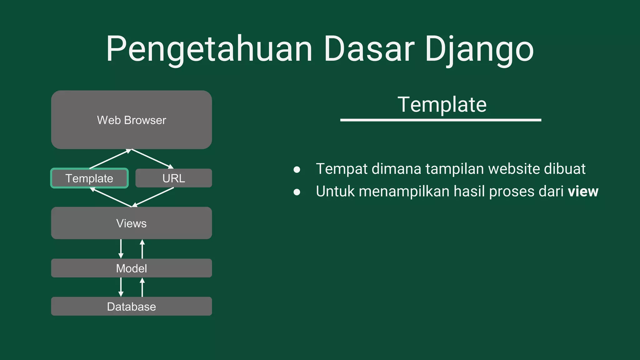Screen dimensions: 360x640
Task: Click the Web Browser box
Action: [131, 120]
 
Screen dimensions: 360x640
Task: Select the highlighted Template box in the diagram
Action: [89, 178]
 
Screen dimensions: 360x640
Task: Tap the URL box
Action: [173, 178]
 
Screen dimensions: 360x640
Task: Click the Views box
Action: [131, 223]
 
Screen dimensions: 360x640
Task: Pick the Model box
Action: [131, 268]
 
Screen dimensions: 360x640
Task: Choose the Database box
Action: [131, 306]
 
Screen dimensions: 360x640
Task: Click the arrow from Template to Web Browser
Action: [110, 159]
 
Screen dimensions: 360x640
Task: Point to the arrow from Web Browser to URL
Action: [152, 159]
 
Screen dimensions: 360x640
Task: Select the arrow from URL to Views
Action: [153, 197]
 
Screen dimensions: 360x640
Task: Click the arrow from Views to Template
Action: [111, 197]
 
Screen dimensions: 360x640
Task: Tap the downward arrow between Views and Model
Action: [121, 249]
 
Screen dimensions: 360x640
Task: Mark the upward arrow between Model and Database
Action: [142, 287]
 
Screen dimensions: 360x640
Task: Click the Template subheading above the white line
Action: [442, 104]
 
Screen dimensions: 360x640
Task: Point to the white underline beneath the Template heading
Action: [441, 120]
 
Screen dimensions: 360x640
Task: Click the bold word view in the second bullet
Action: [583, 191]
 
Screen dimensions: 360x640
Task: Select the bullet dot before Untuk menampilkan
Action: [297, 192]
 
